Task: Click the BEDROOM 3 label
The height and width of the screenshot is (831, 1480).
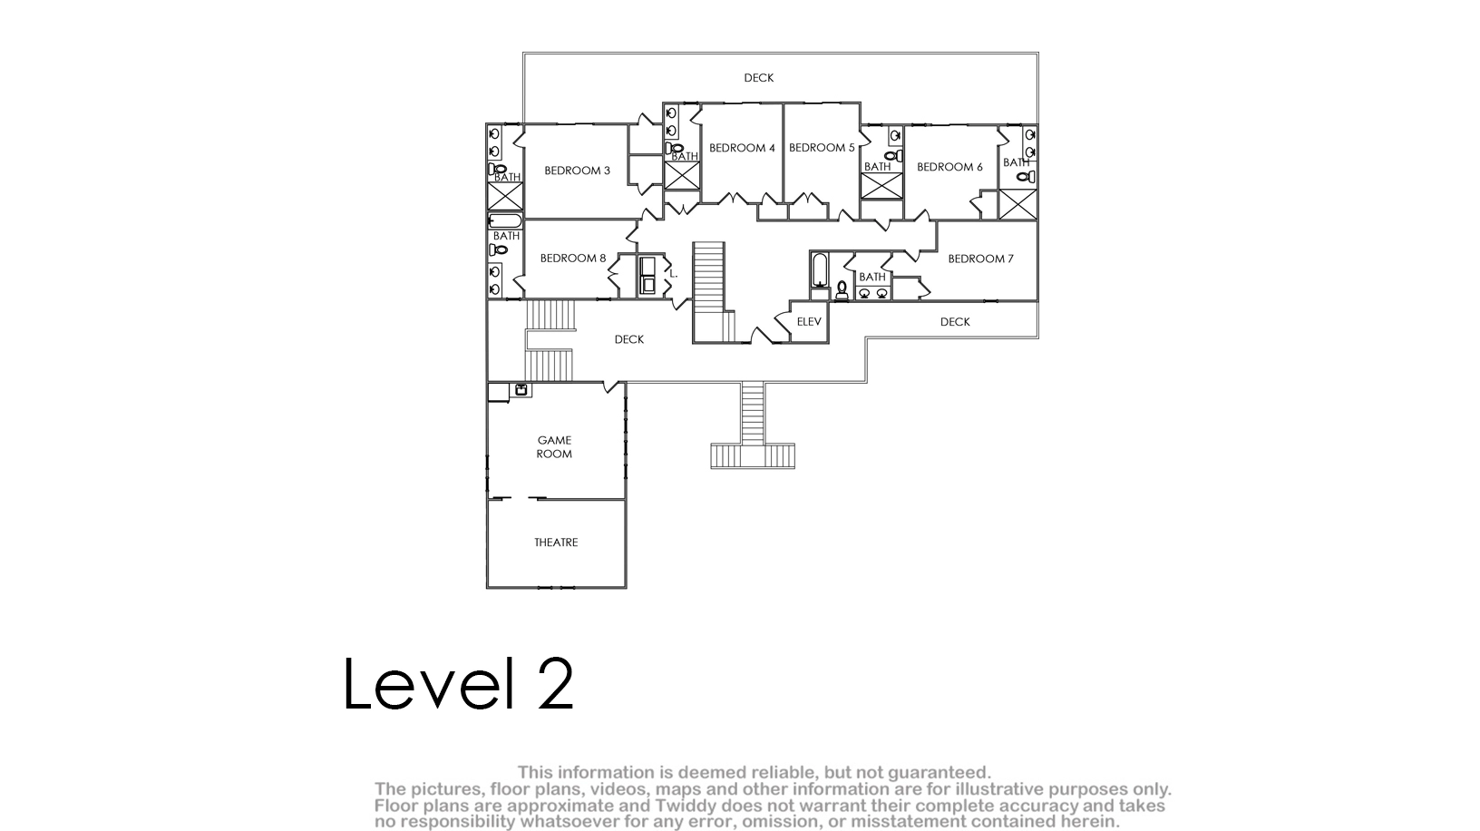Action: coord(577,171)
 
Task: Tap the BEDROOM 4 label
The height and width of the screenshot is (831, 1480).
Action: coord(742,148)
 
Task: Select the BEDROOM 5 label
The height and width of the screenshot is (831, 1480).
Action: coord(822,148)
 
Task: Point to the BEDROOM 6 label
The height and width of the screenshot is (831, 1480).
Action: coord(949,167)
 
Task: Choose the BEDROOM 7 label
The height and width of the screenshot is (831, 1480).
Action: coord(980,259)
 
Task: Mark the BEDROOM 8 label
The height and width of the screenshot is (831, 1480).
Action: coord(573,259)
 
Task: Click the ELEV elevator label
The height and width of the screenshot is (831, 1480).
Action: coord(809,322)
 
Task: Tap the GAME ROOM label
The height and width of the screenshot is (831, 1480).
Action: coord(554,447)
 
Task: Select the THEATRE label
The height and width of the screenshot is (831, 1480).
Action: coord(556,543)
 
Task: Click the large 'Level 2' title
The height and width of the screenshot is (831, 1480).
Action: coord(459,683)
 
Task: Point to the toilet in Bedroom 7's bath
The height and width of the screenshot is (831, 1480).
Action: coord(842,290)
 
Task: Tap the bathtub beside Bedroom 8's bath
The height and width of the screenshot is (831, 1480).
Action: coord(505,220)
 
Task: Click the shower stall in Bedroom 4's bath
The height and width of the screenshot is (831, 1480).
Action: coord(682,176)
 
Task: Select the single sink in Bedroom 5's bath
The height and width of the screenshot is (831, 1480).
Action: coord(894,135)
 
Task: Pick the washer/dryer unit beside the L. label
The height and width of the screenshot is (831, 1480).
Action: coord(647,276)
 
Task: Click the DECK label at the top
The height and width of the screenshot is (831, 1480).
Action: coord(758,78)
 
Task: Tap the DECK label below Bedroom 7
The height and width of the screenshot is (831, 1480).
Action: coord(955,322)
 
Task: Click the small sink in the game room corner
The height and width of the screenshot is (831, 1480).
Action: coord(521,389)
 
